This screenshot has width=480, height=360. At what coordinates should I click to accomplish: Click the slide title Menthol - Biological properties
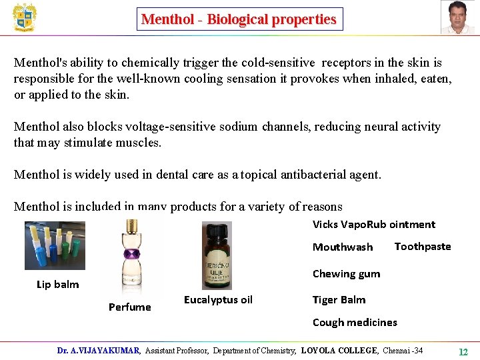[x=239, y=19]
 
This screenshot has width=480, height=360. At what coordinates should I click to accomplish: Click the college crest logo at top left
[x=25, y=17]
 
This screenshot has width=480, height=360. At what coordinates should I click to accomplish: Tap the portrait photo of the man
[x=458, y=17]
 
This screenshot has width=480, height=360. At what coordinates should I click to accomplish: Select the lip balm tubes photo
[x=55, y=245]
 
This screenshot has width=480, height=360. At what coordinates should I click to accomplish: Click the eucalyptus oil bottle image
[x=217, y=255]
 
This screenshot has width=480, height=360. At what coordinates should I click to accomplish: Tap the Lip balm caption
[x=57, y=285]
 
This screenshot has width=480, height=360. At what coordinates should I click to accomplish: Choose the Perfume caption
[x=130, y=307]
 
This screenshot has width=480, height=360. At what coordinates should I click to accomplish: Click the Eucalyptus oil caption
[x=218, y=300]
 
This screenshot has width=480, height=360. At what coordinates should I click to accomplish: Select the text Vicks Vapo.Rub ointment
[x=373, y=225]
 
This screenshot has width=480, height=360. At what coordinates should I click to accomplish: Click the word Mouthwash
[x=343, y=247]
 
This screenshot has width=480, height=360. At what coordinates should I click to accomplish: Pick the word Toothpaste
[x=423, y=247]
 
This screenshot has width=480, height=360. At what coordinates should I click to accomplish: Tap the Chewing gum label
[x=346, y=274]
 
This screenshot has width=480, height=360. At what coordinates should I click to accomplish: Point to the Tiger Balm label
[x=339, y=300]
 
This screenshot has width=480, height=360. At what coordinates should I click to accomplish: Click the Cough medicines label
[x=355, y=323]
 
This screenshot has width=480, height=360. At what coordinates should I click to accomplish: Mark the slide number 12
[x=463, y=351]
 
